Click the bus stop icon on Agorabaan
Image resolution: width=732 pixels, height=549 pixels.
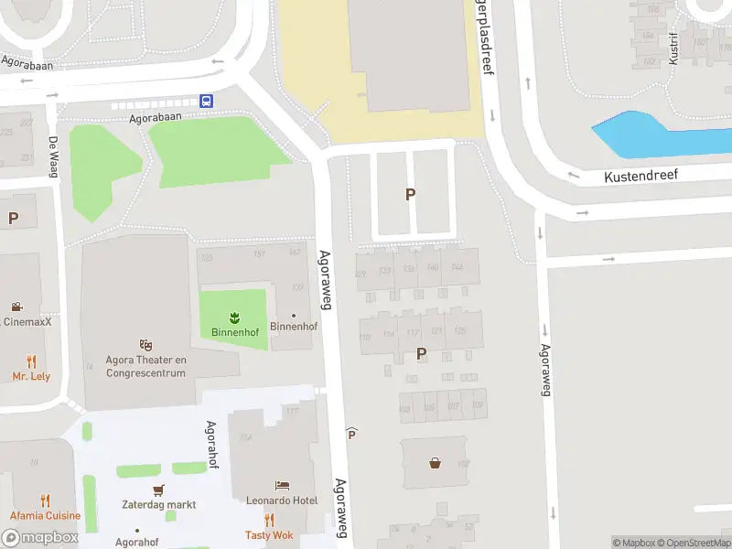pos(208,101)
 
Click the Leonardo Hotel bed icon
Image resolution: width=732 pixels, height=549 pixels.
pos(282,485)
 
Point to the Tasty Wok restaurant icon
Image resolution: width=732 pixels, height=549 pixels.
pos(269,520)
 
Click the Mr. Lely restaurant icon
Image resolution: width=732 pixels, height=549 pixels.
pos(31,361)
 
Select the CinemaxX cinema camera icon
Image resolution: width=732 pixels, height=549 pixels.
pos(16,307)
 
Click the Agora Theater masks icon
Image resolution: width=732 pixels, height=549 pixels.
pos(145,345)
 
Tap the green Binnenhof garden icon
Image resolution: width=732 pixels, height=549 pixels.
pos(234,317)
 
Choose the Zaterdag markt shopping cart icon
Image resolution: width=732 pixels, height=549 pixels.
pos(159,490)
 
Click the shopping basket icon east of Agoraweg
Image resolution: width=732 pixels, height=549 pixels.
pos(435,463)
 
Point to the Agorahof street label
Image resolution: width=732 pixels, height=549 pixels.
pos(211,444)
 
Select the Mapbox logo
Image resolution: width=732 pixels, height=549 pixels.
pos(39,538)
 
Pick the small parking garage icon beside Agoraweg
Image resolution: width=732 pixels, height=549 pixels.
pos(351,433)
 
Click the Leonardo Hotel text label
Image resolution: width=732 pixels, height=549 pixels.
pos(281,501)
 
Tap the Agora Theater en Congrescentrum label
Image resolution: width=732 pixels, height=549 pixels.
pos(146,366)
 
